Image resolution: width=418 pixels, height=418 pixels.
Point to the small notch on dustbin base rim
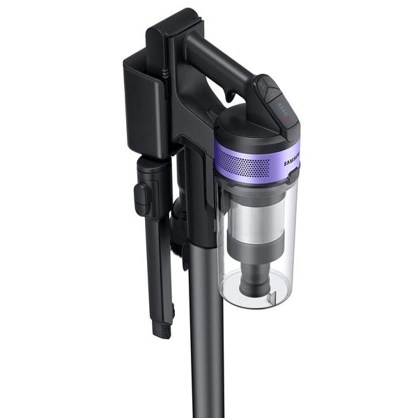click(x=292, y=300)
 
